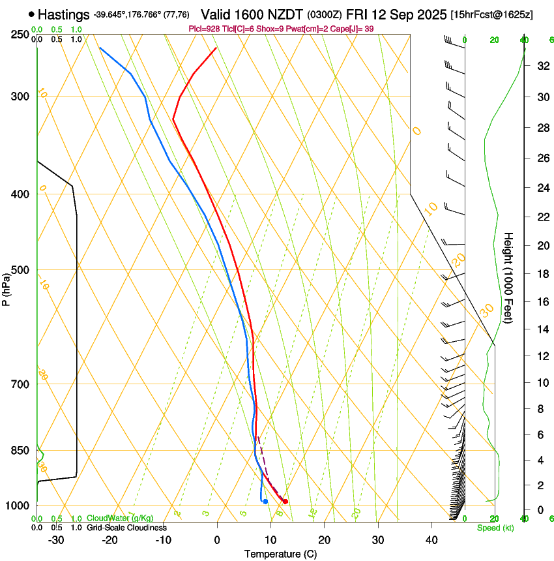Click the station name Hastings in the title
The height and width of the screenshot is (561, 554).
pos(64,14)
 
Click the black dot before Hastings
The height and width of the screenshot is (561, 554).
pos(31,14)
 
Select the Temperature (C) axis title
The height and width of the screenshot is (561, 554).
pos(280,554)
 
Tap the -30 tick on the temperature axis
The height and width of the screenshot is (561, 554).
pos(56,540)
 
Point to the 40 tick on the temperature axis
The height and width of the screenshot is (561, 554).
pos(431,540)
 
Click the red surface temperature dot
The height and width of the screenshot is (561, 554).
pos(285,501)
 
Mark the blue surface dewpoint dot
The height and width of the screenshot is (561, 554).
pos(265,501)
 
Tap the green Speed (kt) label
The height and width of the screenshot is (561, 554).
pos(495,528)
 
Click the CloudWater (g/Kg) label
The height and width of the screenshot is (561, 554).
pos(120,519)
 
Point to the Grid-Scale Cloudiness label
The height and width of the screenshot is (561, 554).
pos(126,527)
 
